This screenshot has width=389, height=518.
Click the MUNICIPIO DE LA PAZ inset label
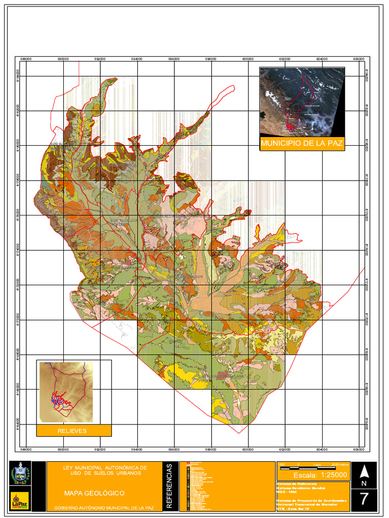pos(302,144)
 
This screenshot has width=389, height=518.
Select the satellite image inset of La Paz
pos(302,102)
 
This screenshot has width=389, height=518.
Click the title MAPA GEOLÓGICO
pos(94,493)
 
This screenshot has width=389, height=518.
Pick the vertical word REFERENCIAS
pos(170,486)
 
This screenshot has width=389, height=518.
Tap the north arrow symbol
pos(364,472)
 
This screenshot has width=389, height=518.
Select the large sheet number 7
pos(364,499)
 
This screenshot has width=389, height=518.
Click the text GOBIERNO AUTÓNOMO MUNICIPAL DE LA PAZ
pos(104,507)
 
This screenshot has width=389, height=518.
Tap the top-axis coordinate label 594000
pos(137,59)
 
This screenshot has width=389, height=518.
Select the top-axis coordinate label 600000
pos(248,59)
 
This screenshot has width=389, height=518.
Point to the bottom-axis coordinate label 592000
pos(100,449)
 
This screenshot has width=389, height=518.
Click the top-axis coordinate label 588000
pos(26,59)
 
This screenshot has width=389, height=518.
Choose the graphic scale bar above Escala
pos(313,465)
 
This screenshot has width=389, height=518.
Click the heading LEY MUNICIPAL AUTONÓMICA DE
pos(104,467)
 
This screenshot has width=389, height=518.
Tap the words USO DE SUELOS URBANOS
pos(104,473)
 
